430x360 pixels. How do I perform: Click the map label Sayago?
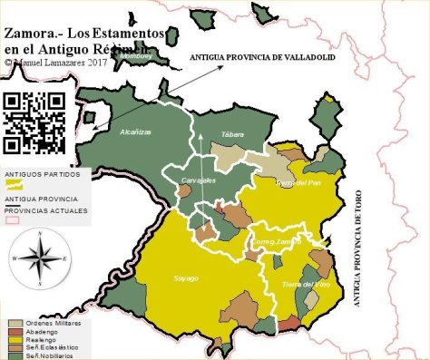186,277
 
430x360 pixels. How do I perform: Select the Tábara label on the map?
233,134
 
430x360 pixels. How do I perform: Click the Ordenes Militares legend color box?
15,323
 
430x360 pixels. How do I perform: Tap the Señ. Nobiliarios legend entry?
51,355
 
